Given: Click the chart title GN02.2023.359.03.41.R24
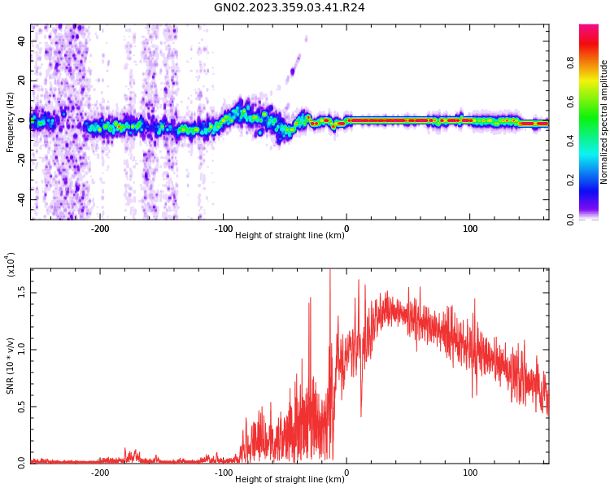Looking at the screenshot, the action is point(290,7).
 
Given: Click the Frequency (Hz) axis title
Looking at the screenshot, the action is point(10,122).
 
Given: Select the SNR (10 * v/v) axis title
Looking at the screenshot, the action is point(10,366).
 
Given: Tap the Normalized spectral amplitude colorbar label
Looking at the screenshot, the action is point(603,122).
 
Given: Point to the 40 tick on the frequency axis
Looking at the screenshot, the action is point(21,41).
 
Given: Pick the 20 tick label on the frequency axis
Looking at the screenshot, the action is point(21,81).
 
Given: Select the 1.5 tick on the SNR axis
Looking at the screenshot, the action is point(21,293).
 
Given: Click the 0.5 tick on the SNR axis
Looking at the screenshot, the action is point(21,407).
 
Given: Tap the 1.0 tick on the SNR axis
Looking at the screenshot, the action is point(21,350).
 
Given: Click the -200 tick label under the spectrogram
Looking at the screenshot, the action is point(100,229).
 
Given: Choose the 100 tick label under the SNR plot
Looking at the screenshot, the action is point(470,473).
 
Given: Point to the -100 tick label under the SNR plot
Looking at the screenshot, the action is point(224,473).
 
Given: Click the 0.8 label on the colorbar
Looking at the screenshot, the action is point(570,63).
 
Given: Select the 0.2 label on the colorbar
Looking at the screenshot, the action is point(570,180).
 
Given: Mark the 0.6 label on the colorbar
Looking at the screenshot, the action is point(570,102).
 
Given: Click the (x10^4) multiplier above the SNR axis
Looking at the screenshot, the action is point(11,264).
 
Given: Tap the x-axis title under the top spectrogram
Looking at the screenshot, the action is point(290,235).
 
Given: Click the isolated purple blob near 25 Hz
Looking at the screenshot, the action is point(293,72).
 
